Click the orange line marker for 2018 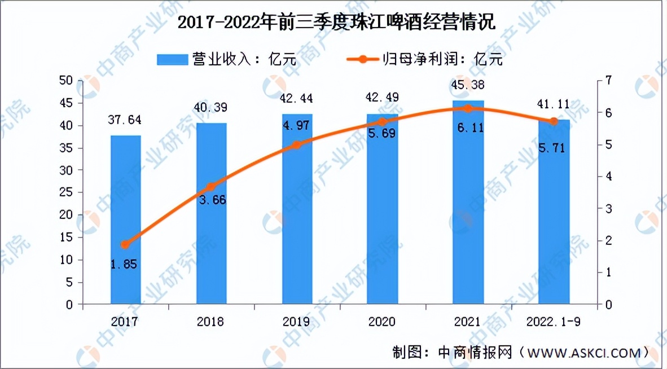click(210, 187)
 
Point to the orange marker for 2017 click(125, 244)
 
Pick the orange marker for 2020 click(383, 122)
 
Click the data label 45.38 click(468, 85)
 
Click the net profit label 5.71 click(554, 150)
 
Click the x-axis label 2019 click(297, 322)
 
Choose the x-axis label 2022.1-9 click(554, 322)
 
